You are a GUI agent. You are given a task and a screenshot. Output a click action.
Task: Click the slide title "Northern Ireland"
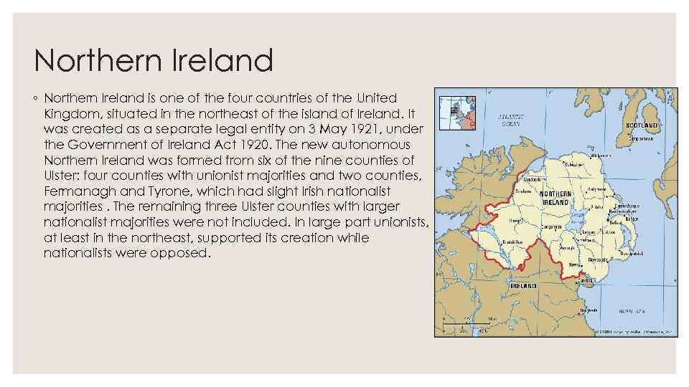(x=153, y=60)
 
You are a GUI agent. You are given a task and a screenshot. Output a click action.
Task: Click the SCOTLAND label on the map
(x=641, y=125)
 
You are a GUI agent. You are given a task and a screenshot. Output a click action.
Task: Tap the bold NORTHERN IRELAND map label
(x=556, y=199)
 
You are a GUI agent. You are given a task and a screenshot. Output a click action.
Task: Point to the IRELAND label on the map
(x=523, y=285)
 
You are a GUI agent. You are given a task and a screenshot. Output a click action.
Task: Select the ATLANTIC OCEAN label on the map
(x=510, y=119)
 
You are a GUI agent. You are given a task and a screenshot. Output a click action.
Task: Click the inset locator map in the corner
(x=456, y=113)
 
